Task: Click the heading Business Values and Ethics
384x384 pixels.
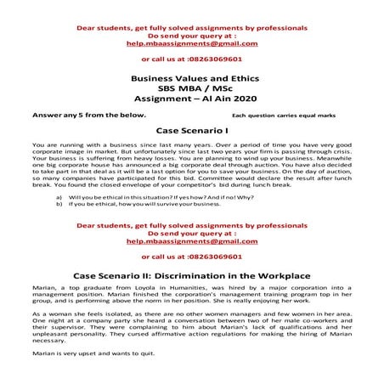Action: [191, 77]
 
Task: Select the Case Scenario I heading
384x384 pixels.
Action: [191, 131]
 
